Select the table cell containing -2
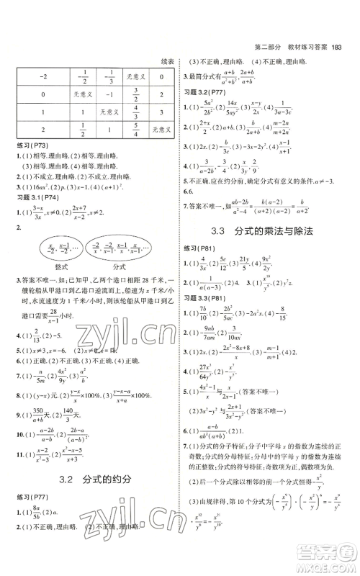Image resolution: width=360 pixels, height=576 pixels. click(42, 76)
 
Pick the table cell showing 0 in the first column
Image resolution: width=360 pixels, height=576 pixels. click(42, 94)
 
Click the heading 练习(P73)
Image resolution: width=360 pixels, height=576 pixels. click(31, 146)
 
